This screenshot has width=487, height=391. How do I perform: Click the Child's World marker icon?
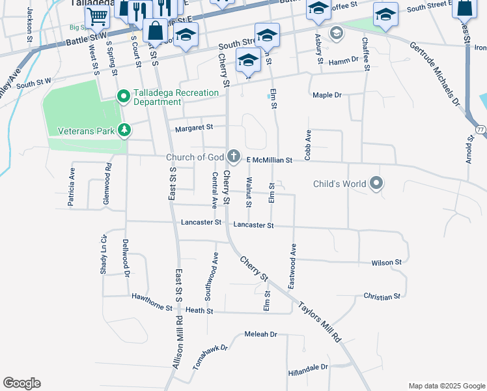[x=376, y=184]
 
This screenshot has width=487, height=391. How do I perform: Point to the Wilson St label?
[x=386, y=263]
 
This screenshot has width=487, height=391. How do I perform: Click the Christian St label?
[x=382, y=297]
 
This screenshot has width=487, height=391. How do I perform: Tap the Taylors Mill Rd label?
[x=319, y=322]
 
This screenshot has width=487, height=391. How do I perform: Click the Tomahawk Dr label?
[x=210, y=357]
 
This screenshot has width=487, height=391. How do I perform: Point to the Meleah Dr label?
[x=260, y=334]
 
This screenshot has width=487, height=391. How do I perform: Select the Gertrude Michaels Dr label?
[x=435, y=76]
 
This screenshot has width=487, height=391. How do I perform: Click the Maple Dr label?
[x=327, y=95]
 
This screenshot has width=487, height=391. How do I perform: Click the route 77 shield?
[x=479, y=129]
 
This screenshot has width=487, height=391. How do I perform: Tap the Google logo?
[x=21, y=383]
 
